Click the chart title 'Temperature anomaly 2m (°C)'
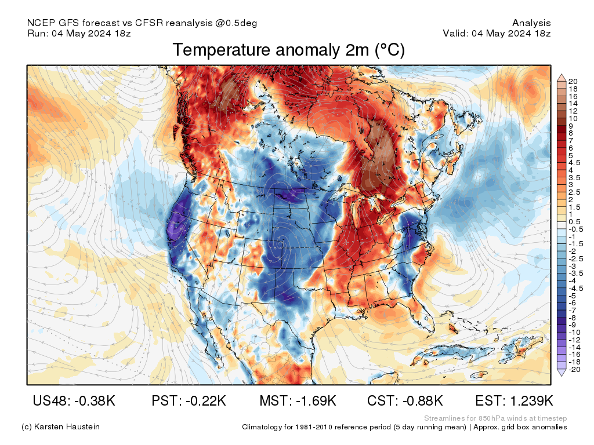coord(288,50)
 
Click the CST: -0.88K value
coord(405,401)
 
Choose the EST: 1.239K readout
coord(514,401)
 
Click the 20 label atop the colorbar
coord(573,81)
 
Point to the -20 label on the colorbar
coord(574,370)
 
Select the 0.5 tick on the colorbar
coord(574,222)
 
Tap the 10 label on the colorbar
coord(573,118)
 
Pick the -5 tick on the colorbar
coord(572,296)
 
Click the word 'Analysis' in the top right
coord(531,23)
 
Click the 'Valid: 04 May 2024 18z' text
coord(497,34)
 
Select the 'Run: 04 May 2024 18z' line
coord(79,34)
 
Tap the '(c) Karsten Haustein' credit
coord(60,427)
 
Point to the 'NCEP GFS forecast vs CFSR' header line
coord(142,23)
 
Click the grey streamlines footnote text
coord(495,418)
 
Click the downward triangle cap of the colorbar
coord(562,373)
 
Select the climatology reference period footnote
coord(404,427)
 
